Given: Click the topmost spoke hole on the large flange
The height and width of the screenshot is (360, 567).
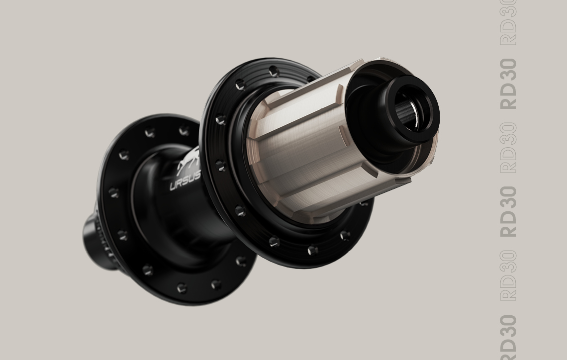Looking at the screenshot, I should coord(273,72).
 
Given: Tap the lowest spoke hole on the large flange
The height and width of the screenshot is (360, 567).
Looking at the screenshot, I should coord(312,251).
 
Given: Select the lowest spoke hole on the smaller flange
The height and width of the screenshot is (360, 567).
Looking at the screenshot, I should coord(182,288).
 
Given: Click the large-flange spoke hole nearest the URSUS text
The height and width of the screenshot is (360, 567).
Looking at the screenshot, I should coord(219,165).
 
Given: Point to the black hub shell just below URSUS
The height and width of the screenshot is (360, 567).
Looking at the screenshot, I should coord(184,214).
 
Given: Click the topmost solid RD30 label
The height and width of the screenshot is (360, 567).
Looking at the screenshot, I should coord(508,84).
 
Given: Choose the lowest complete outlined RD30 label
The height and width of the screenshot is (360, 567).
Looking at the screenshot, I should coord(508,276).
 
